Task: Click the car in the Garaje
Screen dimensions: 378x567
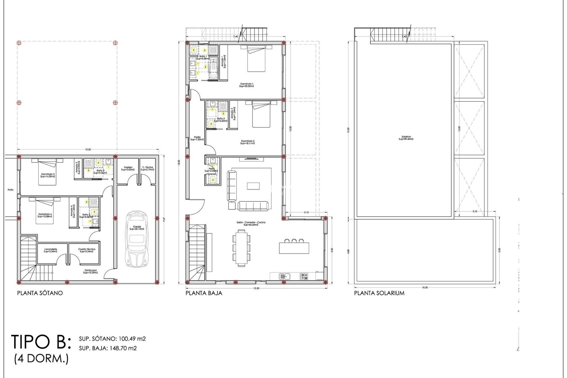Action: pos(136,239)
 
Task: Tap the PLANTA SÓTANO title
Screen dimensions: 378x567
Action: pos(40,293)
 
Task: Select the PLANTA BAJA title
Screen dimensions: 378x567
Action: pos(204,293)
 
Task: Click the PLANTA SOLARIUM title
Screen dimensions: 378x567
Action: pos(379,293)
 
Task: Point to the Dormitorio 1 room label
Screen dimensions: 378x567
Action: pos(247,85)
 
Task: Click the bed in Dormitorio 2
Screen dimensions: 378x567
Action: pos(261,115)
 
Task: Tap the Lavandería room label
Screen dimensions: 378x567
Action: pos(50,250)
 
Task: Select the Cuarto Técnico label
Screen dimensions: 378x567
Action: pos(87,250)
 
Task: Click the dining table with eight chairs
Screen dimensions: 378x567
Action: pos(242,248)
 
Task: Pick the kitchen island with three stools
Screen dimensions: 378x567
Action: pos(294,247)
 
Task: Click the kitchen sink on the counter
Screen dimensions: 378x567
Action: pos(285,276)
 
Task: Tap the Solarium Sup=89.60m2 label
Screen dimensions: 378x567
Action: pos(406,138)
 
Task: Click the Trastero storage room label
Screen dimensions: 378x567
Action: pos(128,169)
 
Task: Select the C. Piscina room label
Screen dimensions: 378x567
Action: pos(147,169)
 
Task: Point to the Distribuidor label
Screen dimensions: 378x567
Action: pos(90,271)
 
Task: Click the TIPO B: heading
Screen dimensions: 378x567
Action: pos(41,342)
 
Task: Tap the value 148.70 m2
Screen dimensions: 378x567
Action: pos(123,348)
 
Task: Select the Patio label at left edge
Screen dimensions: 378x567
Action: pos(11,190)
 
